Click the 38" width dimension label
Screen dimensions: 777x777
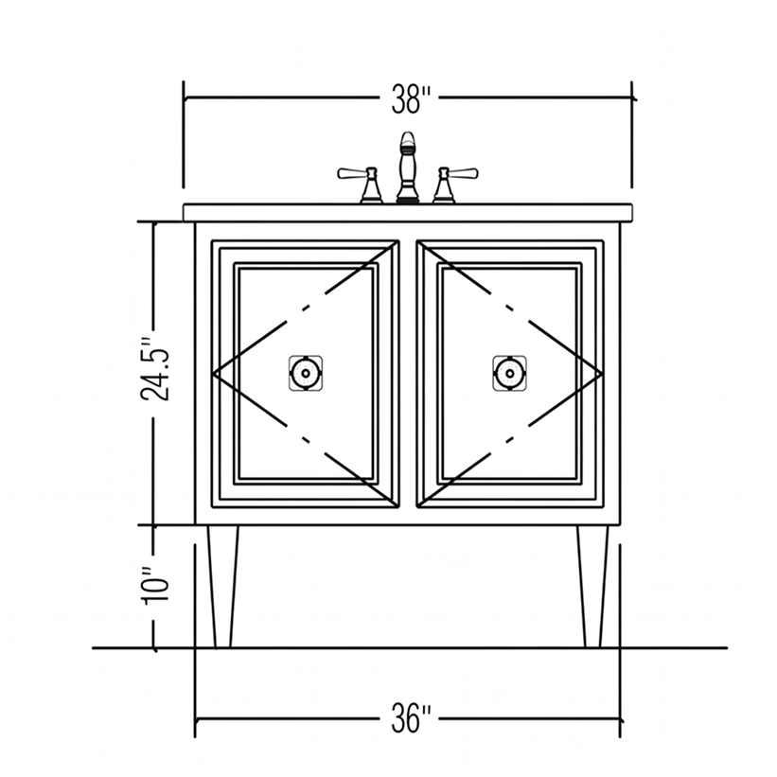click(411, 99)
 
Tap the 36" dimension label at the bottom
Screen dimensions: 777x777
click(411, 718)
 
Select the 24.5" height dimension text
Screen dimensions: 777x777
click(155, 369)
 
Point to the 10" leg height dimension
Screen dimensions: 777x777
click(156, 584)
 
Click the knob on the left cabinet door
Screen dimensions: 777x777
click(306, 373)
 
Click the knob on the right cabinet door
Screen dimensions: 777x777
click(509, 373)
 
